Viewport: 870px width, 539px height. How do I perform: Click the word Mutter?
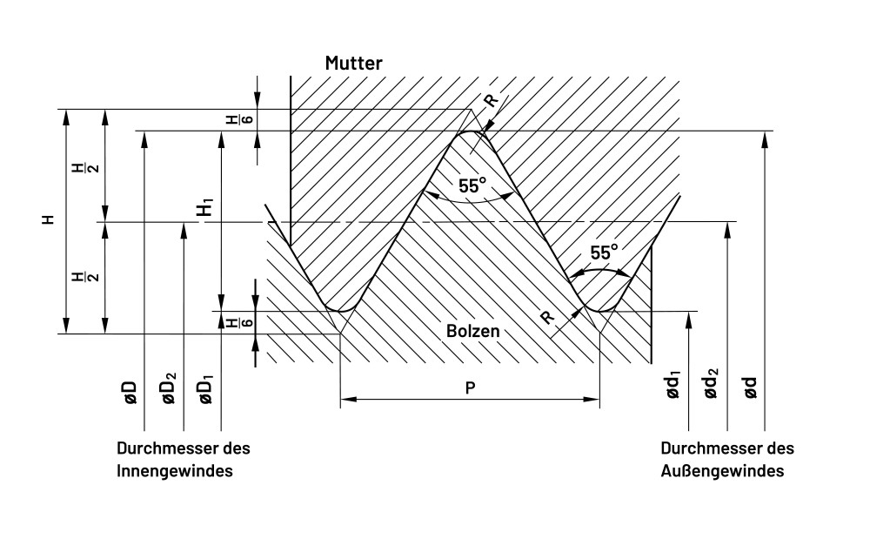pos(353,64)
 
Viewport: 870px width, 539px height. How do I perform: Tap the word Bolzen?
pos(474,331)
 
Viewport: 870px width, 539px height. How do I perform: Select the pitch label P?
pos(470,387)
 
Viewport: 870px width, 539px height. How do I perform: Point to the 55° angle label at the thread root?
pos(605,253)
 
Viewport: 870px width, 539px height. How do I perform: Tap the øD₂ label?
pos(169,387)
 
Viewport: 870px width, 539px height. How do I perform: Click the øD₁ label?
pos(207,387)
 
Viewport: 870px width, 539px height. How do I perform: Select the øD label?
pos(129,391)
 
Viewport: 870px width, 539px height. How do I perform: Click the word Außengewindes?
pos(723,471)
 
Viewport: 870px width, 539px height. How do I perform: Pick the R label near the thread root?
pos(548,318)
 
